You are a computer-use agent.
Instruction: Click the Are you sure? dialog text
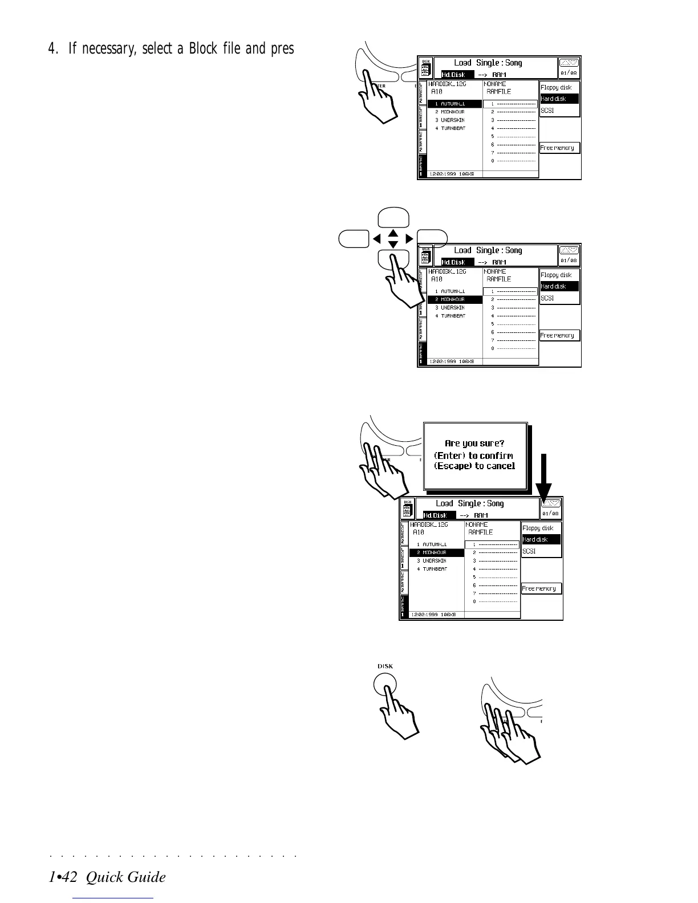coord(474,443)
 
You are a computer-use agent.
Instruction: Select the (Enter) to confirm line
coord(473,455)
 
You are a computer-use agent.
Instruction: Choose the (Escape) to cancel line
coord(474,466)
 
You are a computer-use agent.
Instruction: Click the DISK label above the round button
coord(385,666)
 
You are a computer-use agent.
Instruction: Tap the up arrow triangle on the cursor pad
coord(393,233)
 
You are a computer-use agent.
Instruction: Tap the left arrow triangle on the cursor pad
coord(377,238)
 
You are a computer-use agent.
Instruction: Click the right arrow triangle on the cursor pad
coord(409,238)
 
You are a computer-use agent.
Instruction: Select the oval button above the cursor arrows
coord(393,218)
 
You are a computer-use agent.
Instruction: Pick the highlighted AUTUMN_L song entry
coord(454,104)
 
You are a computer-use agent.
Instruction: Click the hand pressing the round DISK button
coord(399,713)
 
